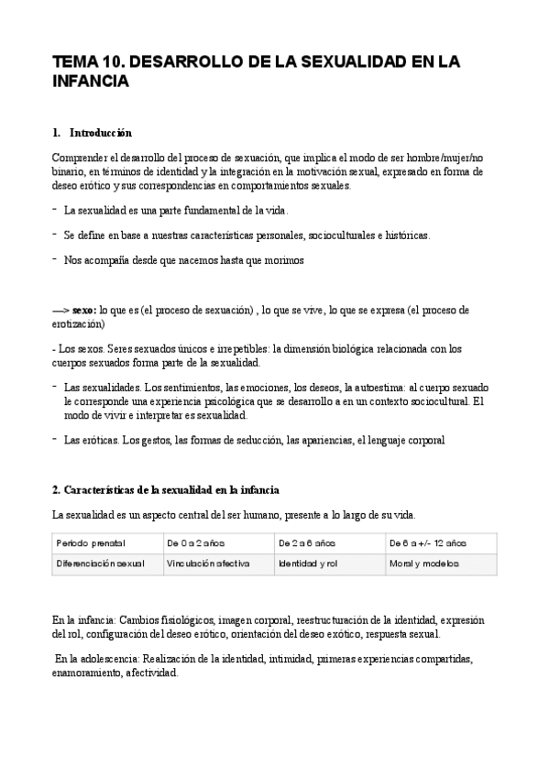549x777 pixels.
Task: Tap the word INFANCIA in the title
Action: [x=91, y=82]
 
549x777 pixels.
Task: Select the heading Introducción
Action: [x=100, y=133]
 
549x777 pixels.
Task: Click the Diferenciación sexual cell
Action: [x=101, y=564]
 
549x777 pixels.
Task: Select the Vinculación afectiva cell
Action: [x=208, y=564]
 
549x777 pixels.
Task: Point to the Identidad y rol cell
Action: [x=308, y=564]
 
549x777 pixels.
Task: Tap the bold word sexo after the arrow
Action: [x=83, y=311]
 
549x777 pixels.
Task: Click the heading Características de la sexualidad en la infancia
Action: [x=166, y=488]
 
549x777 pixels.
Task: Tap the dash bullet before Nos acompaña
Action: [x=55, y=259]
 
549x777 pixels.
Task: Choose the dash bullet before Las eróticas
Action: [x=55, y=440]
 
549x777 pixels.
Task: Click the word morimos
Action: [x=281, y=260]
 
